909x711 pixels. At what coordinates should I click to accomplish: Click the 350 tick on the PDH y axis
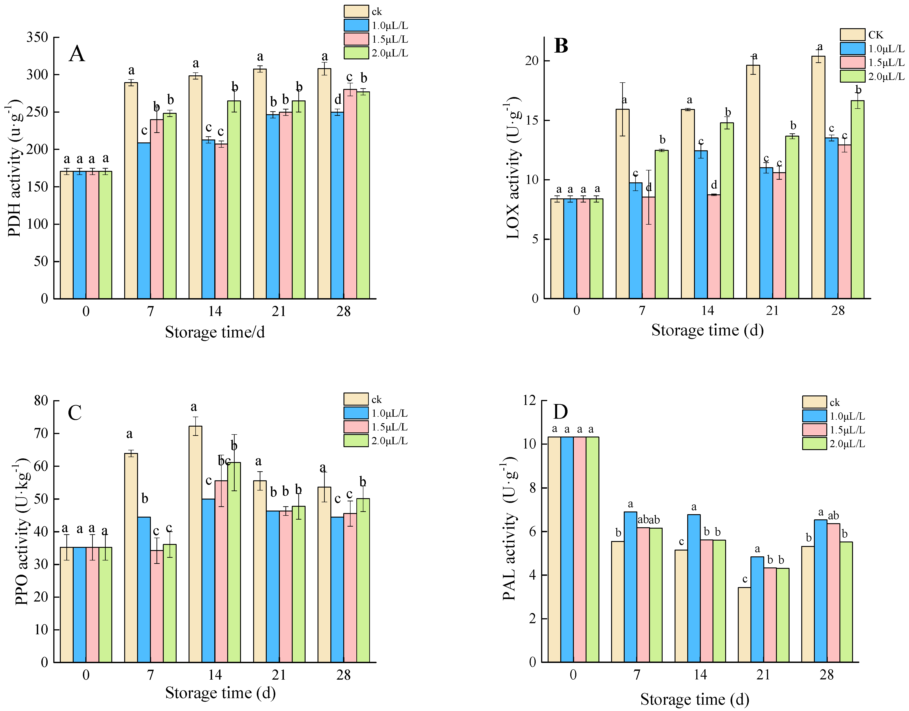(37, 37)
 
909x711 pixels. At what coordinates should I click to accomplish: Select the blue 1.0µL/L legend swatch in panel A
(356, 25)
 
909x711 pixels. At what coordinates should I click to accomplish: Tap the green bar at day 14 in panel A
(234, 200)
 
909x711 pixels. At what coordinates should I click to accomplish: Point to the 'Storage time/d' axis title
(215, 332)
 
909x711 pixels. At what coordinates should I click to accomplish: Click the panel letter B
(561, 46)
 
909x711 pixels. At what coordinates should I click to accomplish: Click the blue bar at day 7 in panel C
(144, 589)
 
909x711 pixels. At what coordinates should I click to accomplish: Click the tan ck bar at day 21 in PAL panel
(745, 624)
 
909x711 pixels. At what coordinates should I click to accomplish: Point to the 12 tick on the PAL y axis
(530, 400)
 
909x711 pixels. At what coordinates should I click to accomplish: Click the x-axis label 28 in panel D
(827, 674)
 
